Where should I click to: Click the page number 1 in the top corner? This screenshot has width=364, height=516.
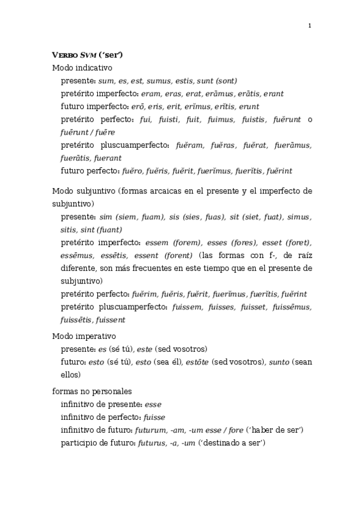click(x=309, y=26)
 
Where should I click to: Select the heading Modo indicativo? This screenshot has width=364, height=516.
click(x=82, y=68)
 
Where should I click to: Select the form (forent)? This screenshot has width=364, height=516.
click(x=176, y=255)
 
